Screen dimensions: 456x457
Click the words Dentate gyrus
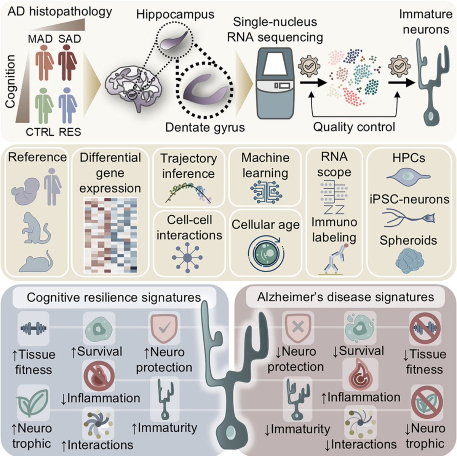coord(205,127)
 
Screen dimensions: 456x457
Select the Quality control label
coord(354,127)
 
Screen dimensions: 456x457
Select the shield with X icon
coord(297,327)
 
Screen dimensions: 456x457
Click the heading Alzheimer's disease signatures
coord(345,297)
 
